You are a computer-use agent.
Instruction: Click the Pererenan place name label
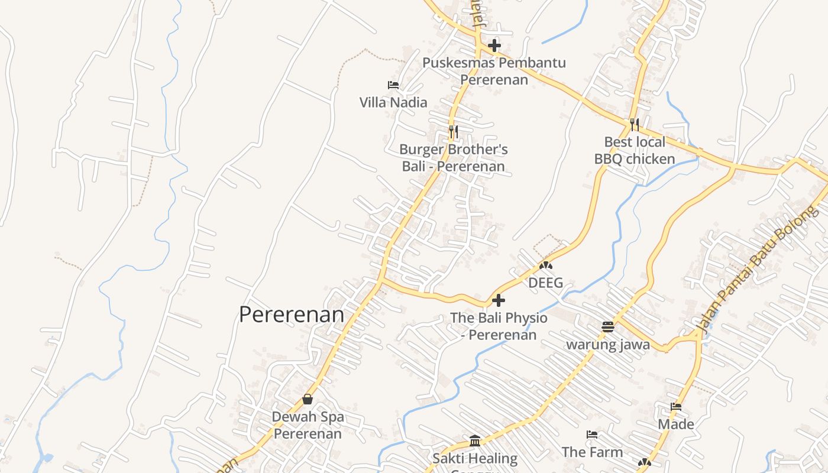pos(292,315)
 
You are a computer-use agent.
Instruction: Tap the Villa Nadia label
pos(393,102)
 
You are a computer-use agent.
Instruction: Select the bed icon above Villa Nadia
pos(393,85)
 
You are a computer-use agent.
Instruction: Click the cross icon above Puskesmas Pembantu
pos(494,46)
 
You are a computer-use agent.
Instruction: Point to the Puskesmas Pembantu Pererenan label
pos(494,71)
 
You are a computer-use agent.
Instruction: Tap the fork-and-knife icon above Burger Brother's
pos(453,131)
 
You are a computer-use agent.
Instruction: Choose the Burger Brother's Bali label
pos(453,158)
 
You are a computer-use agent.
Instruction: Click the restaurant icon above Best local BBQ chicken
pos(635,124)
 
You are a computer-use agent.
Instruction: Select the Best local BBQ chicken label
pos(635,150)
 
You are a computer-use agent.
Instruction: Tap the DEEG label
pos(545,283)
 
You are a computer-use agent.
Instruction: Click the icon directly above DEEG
pos(545,266)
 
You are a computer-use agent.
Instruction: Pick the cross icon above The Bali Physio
pos(499,300)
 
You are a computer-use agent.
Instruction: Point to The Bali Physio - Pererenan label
pos(499,326)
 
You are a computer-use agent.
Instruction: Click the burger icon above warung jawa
pos(608,327)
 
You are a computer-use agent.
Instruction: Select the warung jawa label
pos(608,345)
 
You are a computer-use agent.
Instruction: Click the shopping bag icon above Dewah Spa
pos(308,399)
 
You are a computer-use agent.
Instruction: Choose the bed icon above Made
pos(676,407)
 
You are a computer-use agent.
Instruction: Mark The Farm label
pos(592,452)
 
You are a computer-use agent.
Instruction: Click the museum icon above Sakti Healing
pos(474,440)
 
